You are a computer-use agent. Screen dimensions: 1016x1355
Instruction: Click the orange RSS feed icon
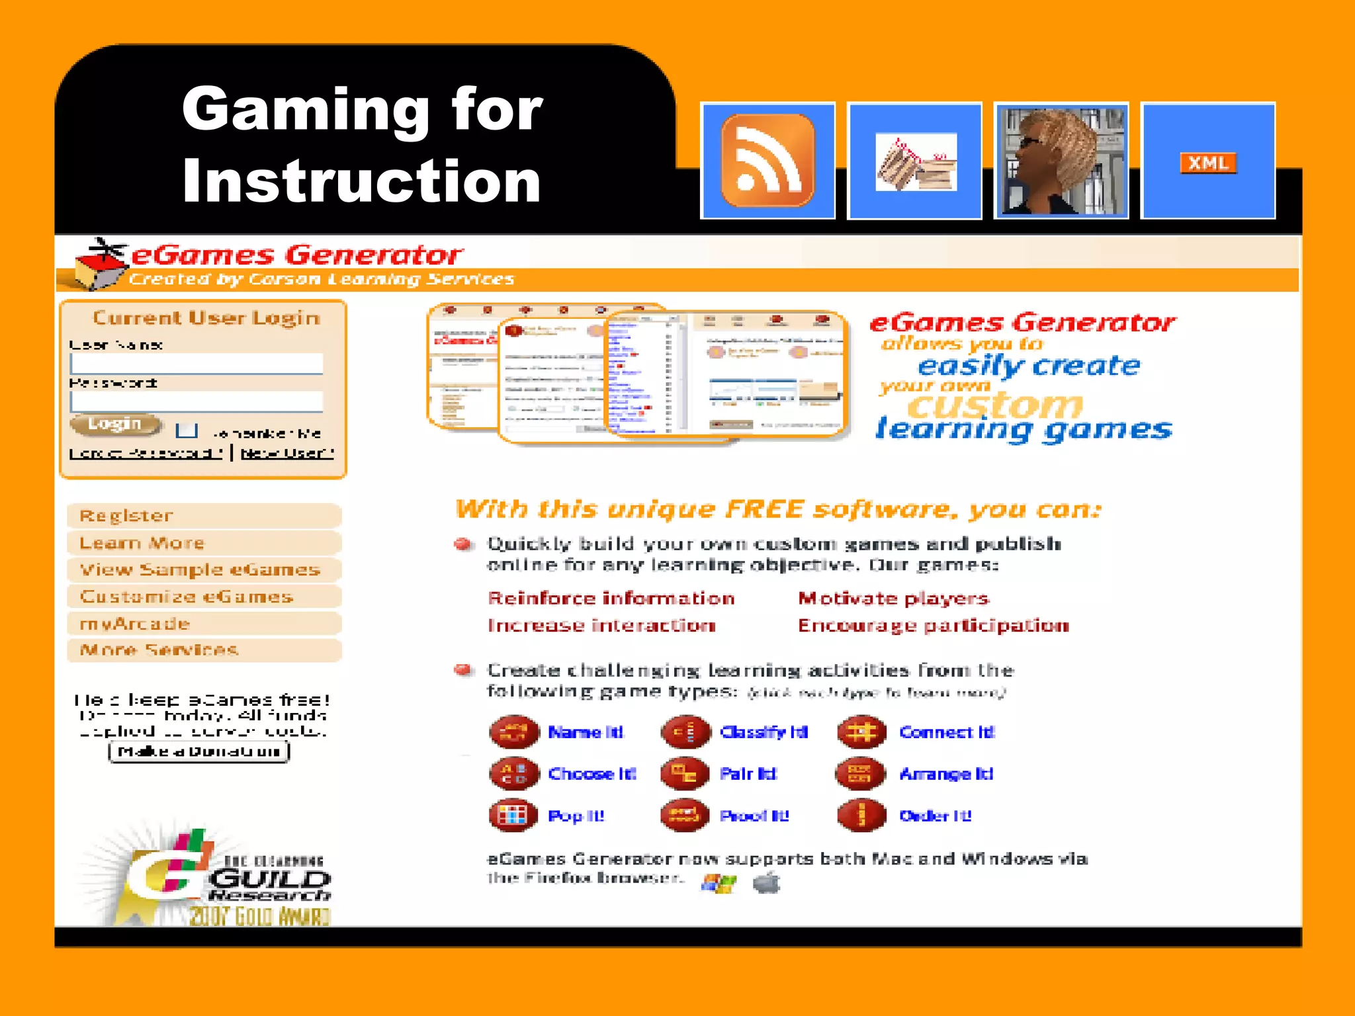767,161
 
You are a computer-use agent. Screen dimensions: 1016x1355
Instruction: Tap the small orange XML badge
1208,163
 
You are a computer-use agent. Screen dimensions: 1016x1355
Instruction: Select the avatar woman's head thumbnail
1061,161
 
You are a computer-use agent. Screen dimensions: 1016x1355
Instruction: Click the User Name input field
197,364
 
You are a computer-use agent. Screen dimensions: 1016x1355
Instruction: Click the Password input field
197,402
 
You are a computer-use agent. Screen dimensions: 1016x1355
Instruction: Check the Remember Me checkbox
187,431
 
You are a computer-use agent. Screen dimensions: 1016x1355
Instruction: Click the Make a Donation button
199,751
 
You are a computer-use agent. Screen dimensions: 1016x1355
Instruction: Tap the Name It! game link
586,732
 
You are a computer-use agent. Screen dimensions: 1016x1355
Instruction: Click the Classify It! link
764,732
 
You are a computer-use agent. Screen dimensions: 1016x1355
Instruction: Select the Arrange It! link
946,774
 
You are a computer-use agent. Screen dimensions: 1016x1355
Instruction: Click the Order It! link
935,816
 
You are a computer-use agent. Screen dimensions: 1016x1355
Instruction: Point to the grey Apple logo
767,882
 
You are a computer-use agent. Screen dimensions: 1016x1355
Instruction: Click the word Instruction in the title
361,181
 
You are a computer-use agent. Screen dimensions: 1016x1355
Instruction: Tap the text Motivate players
893,599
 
